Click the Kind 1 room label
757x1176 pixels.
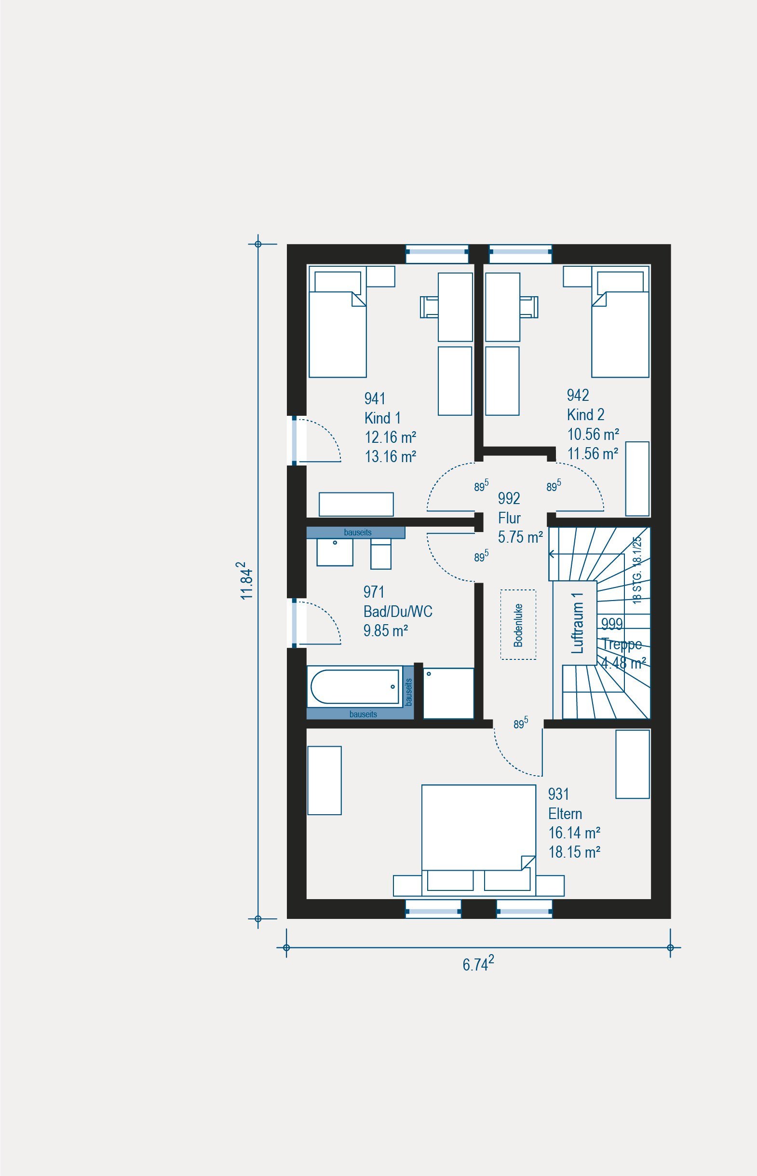point(382,418)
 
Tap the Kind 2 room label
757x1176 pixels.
point(585,415)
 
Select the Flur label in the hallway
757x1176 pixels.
point(509,518)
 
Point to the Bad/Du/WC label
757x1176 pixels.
point(398,611)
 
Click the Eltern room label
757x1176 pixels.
point(565,814)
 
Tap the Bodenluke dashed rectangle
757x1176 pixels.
point(518,624)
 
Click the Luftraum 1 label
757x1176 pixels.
point(578,622)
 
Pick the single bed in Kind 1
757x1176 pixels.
point(337,322)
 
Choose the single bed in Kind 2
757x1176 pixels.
point(620,322)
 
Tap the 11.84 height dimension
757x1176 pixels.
point(247,580)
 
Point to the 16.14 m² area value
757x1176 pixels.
point(574,833)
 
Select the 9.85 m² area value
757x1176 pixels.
point(386,630)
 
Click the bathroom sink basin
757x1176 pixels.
point(335,552)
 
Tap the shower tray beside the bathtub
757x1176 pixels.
point(448,693)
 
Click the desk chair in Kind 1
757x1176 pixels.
point(429,307)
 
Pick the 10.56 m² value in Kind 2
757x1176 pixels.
point(593,434)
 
